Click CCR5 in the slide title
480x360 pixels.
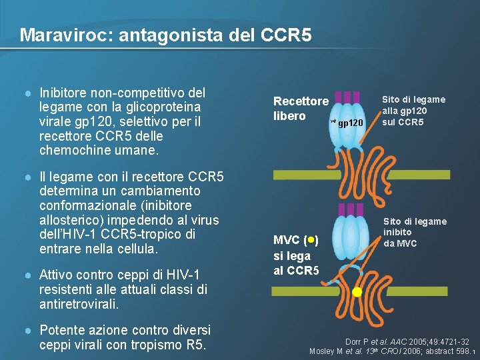(287, 34)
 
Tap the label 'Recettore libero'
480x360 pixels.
(301, 109)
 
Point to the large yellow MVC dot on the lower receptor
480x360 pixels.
(357, 292)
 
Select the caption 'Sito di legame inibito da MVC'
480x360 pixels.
(415, 232)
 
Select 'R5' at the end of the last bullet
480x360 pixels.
(197, 345)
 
